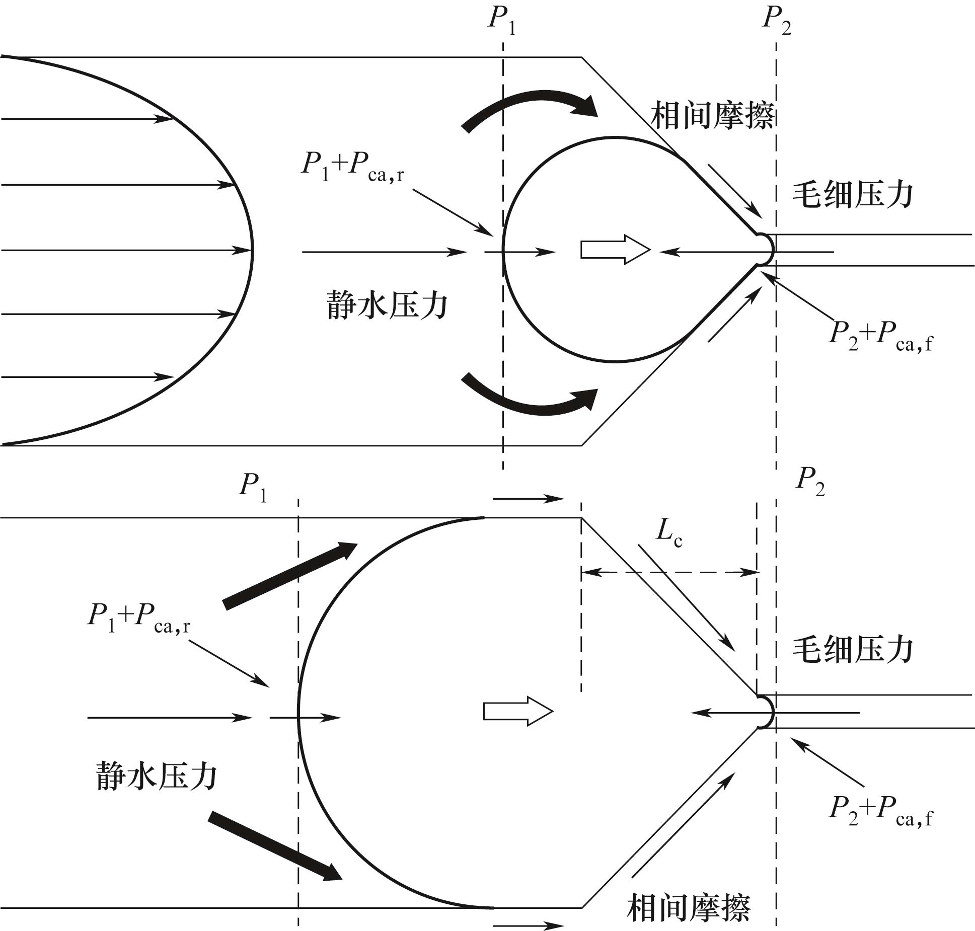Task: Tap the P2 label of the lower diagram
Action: click(x=810, y=482)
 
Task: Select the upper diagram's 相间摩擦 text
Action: click(x=712, y=116)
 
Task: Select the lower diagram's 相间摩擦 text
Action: click(x=688, y=908)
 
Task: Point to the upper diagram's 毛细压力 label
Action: click(x=853, y=194)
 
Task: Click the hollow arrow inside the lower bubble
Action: click(x=518, y=711)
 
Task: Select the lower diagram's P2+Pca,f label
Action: click(x=880, y=811)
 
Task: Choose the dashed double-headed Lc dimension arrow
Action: click(x=669, y=572)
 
